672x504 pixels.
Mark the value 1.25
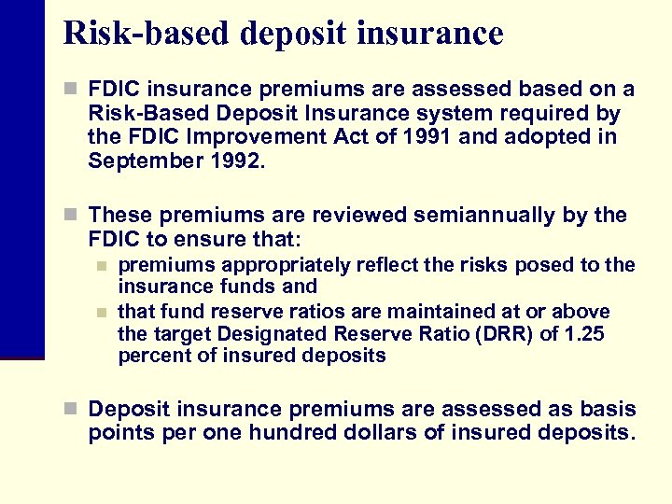pyautogui.click(x=584, y=333)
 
